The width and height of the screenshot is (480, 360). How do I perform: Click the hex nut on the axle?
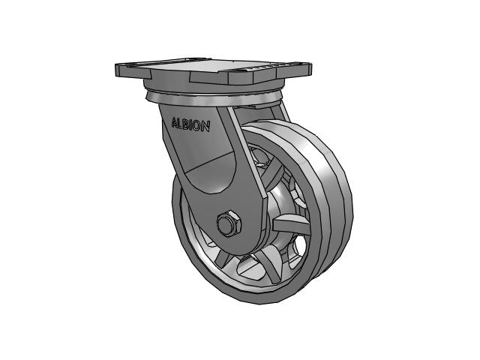226,223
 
